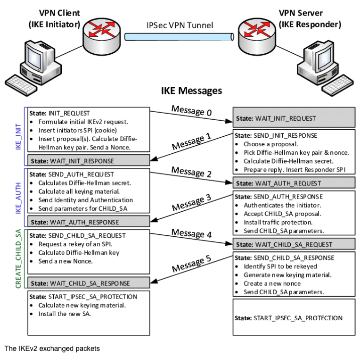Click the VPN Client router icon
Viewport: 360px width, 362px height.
102,37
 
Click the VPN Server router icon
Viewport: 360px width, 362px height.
257,37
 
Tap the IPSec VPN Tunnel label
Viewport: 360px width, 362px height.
180,25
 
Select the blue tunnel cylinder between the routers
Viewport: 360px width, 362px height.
179,37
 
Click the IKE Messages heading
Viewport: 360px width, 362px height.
191,90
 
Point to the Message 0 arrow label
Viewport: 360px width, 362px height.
191,111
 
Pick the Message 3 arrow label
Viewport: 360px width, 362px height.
191,203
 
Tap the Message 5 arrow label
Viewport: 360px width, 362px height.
191,263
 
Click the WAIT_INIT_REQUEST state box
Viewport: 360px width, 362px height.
294,117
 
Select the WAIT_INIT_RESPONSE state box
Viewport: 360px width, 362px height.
88,160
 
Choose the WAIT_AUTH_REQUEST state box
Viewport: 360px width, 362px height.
294,183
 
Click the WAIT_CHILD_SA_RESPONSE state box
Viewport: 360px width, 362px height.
88,283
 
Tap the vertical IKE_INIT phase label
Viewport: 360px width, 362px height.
18,137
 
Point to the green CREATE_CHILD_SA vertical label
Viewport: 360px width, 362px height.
18,258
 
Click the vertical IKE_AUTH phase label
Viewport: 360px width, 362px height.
18,198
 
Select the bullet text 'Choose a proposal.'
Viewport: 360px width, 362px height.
271,144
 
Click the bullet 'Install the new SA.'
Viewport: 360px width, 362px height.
65,314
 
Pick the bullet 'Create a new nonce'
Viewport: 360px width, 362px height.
272,283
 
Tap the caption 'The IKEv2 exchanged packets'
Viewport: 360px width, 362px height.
52,348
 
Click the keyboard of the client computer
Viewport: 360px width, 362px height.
21,85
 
